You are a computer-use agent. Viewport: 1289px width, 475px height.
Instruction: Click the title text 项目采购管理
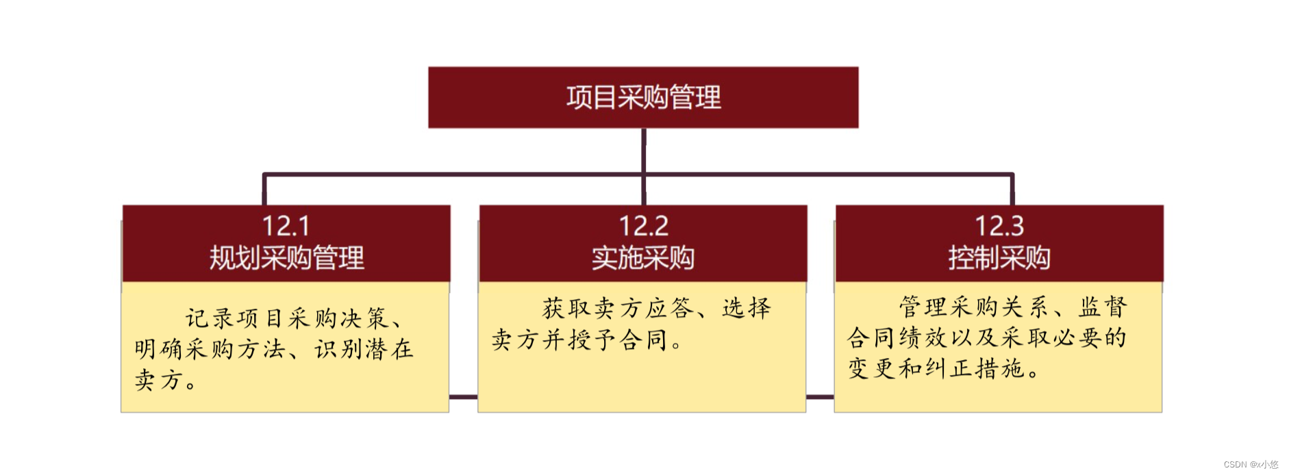(643, 97)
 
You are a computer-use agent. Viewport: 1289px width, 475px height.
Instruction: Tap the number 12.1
(286, 226)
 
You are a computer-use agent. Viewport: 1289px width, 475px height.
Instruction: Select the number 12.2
(643, 226)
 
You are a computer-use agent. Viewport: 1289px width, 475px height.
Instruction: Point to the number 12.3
(999, 226)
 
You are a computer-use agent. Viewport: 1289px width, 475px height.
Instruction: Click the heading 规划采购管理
(286, 258)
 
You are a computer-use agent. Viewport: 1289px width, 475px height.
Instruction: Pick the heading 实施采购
(643, 258)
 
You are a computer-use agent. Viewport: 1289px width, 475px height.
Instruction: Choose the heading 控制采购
(999, 258)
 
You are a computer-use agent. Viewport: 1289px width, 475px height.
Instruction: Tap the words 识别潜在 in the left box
(364, 349)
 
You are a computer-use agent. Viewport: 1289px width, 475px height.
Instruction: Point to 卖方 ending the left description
(157, 380)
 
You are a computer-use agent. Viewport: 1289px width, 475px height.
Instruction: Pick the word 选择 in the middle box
(747, 308)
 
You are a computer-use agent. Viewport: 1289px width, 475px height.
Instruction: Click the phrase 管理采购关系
(973, 307)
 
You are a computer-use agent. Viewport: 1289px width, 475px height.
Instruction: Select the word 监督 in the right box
(1103, 307)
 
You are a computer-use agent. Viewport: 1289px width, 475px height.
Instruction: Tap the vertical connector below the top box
(644, 151)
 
